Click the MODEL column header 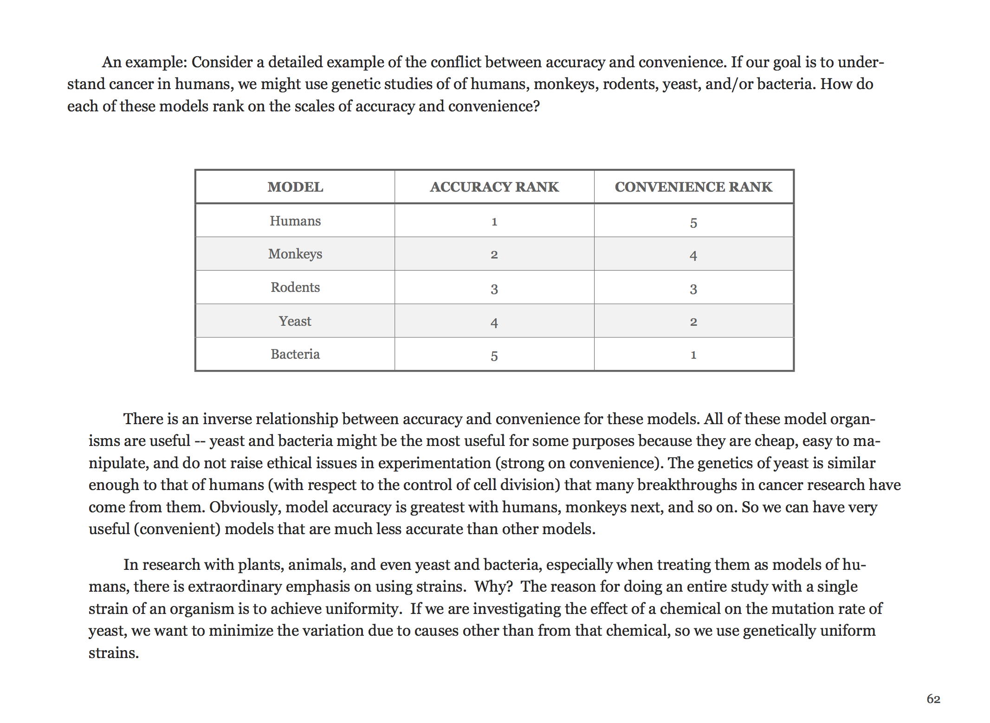295,187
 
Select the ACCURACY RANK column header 494,187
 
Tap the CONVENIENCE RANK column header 693,187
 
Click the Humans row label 295,221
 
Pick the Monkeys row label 295,254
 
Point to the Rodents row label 295,287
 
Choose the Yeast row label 295,321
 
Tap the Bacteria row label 295,354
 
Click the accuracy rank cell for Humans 494,222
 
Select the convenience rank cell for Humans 693,223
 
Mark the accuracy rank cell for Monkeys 494,255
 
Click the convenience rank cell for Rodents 693,289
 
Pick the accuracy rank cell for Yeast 494,323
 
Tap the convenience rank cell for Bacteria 693,355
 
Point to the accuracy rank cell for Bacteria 494,356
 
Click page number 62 933,699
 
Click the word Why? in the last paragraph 493,587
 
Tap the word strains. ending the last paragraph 114,653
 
